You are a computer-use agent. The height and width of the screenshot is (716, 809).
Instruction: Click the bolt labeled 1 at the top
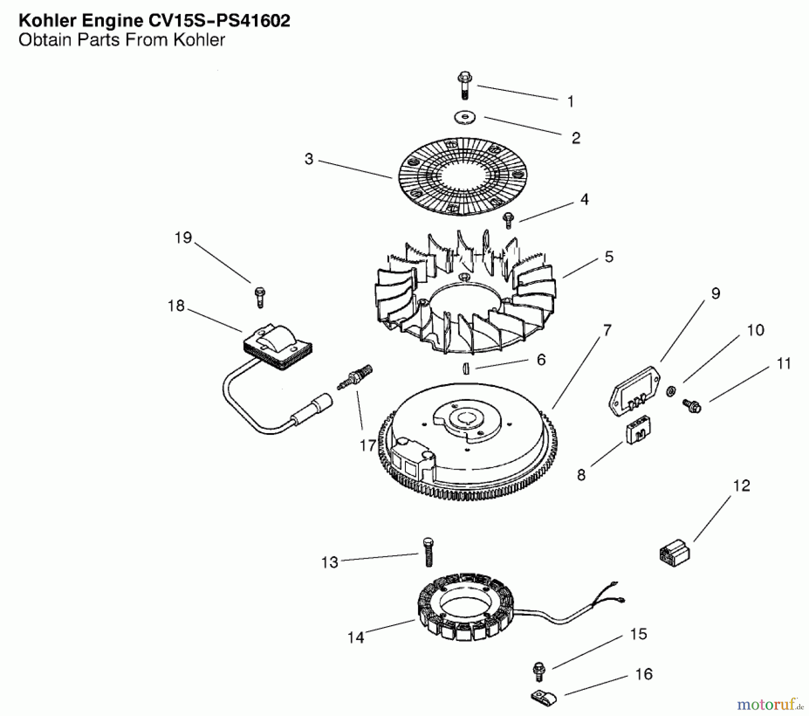[465, 85]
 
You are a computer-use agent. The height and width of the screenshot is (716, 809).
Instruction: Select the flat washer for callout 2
[465, 118]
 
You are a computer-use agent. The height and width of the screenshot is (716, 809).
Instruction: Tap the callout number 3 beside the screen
[309, 159]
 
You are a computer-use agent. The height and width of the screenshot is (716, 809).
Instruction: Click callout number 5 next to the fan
[609, 257]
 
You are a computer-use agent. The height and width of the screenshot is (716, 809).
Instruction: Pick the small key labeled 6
[466, 368]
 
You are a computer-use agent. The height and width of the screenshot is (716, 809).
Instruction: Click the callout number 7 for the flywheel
[607, 330]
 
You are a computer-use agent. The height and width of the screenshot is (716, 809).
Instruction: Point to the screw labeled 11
[692, 406]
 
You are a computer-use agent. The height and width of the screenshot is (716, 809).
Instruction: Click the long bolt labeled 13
[428, 552]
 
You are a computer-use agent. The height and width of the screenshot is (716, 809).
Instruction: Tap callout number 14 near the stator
[356, 637]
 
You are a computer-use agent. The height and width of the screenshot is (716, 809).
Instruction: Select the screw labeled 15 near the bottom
[538, 672]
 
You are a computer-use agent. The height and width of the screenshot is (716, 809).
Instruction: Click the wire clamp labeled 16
[543, 698]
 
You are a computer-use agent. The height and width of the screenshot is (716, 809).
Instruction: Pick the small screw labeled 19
[260, 297]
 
